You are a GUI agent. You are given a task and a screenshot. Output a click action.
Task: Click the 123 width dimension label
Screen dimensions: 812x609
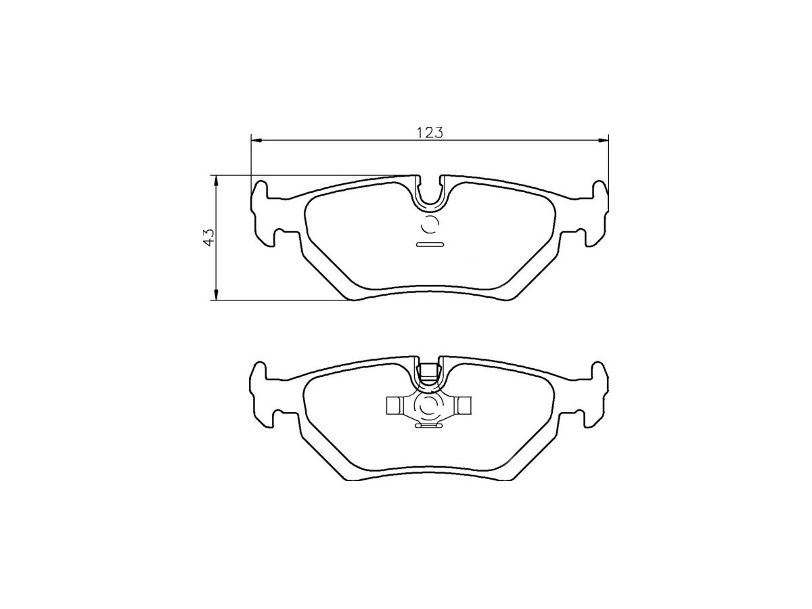(x=430, y=132)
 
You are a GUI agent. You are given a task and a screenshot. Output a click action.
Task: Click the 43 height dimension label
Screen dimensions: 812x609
(x=208, y=237)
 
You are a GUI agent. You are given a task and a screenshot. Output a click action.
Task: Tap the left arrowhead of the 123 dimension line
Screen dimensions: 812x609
(x=256, y=140)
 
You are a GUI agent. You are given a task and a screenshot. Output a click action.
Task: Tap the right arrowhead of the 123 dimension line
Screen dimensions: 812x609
(x=603, y=140)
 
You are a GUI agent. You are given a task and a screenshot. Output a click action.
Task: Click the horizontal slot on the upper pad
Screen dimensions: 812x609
(x=430, y=244)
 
